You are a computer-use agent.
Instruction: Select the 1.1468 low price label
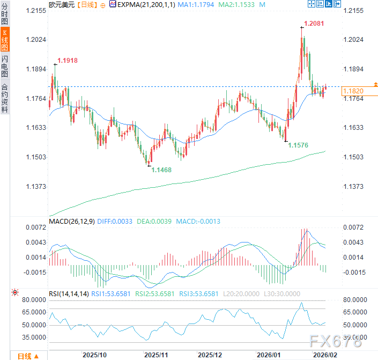161,170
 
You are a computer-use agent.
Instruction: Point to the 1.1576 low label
298,145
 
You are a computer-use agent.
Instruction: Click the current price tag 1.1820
354,91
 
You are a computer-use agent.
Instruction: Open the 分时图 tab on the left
5,15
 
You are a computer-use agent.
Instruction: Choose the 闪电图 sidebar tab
5,66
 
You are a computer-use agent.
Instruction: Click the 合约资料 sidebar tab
5,97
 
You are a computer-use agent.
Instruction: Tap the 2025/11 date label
157,355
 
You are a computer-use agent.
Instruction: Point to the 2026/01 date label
268,355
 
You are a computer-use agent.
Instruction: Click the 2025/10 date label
94,355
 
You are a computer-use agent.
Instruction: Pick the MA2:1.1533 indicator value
239,4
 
